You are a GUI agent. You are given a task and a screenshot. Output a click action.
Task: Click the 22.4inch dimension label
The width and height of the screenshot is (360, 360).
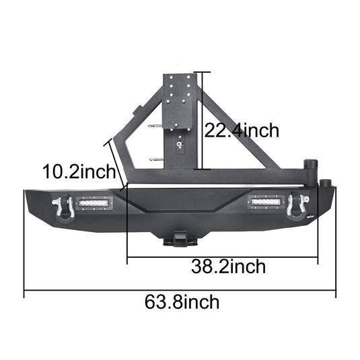(240, 130)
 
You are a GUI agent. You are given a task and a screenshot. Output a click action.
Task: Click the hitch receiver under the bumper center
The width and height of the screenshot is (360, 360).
(182, 240)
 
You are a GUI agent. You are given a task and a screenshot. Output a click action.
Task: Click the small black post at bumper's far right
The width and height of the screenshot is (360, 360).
(326, 184)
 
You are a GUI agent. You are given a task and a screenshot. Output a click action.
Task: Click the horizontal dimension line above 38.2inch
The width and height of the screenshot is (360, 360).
(222, 256)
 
